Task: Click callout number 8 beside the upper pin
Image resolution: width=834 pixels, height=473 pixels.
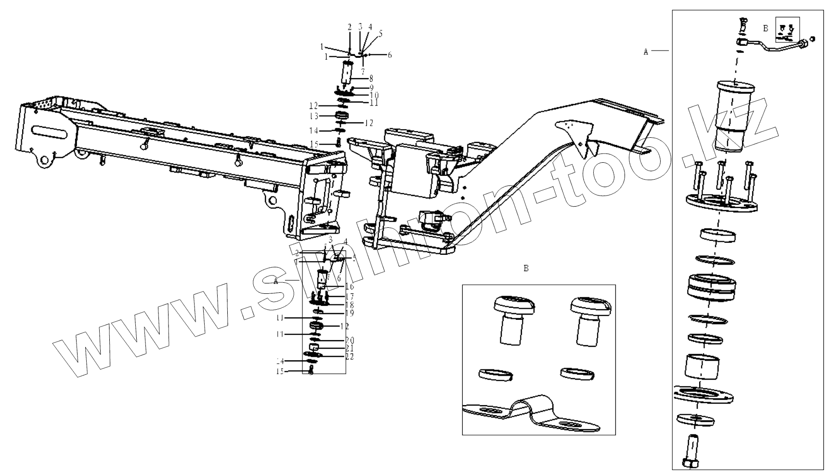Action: coord(371,78)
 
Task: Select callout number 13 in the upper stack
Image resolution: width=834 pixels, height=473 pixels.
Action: coord(314,116)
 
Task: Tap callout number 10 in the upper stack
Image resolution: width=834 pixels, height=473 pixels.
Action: coord(374,95)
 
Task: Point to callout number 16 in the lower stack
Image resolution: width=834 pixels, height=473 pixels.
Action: coord(350,287)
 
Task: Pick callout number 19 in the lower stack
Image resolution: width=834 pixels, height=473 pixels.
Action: coord(350,313)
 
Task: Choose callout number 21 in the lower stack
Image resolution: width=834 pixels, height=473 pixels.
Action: coord(350,348)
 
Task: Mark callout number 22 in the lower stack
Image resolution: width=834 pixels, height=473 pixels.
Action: coord(350,357)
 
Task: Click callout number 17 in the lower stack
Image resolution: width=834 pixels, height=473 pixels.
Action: coord(350,297)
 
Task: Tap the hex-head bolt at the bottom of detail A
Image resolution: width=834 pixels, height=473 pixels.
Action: coord(691,450)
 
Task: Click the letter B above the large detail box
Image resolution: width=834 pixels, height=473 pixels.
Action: coord(526,268)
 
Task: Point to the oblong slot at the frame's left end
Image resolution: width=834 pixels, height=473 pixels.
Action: coord(51,131)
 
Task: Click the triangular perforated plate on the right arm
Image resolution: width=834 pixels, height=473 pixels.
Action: coord(575,132)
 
